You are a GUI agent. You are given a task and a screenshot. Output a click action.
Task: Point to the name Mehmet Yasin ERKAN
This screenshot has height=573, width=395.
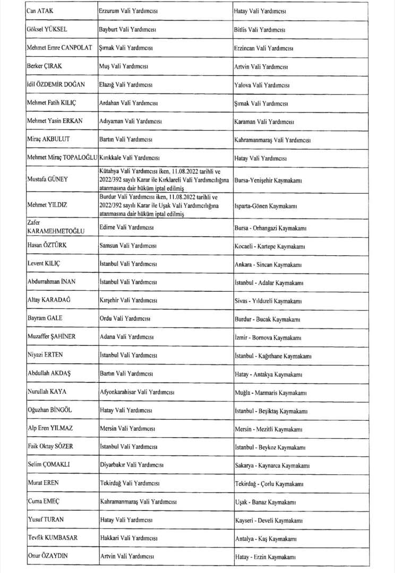tap(54, 121)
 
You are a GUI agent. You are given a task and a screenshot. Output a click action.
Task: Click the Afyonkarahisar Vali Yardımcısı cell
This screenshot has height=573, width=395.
tap(138, 393)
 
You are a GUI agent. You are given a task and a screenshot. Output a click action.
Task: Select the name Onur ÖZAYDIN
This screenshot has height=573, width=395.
tap(49, 556)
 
